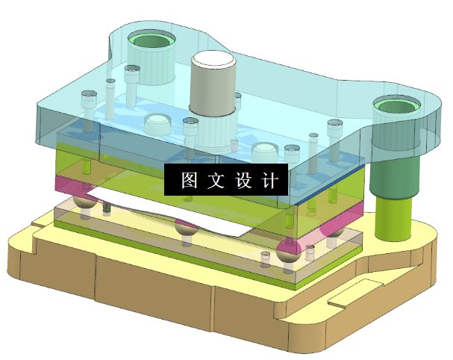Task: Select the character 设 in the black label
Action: click(x=243, y=181)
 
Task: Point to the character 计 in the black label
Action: click(x=269, y=181)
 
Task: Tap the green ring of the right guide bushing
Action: click(x=396, y=106)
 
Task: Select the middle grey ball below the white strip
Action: click(x=185, y=231)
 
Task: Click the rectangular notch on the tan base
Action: click(x=344, y=300)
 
